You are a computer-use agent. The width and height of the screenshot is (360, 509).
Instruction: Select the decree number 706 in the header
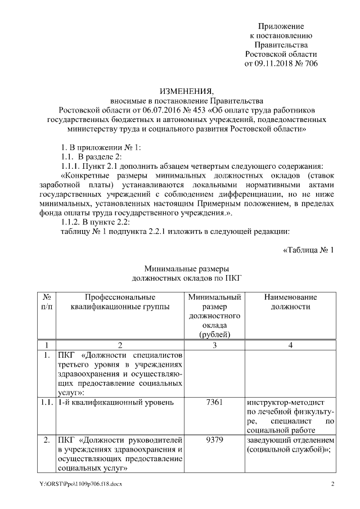[311, 64]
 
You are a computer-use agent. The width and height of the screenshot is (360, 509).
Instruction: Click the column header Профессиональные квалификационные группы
[120, 302]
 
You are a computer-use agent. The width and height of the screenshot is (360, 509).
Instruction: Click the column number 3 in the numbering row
[215, 345]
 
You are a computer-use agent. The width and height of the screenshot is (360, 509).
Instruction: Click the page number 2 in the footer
[332, 484]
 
